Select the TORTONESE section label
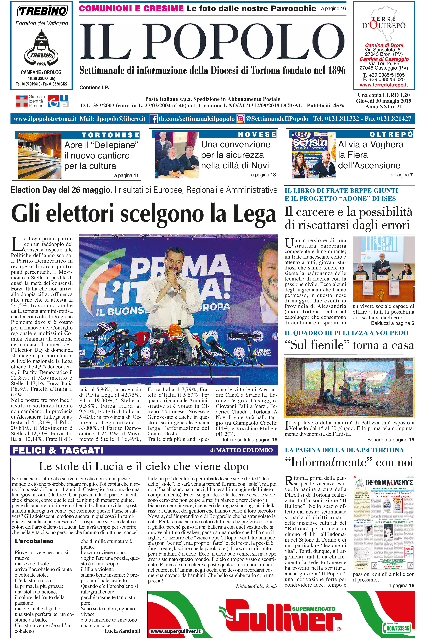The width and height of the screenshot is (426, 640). pyautogui.click(x=110, y=135)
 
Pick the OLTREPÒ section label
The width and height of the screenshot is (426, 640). pyautogui.click(x=391, y=134)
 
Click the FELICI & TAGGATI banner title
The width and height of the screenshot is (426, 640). pyautogui.click(x=58, y=450)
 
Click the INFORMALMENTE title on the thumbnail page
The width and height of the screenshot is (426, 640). pyautogui.click(x=389, y=483)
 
